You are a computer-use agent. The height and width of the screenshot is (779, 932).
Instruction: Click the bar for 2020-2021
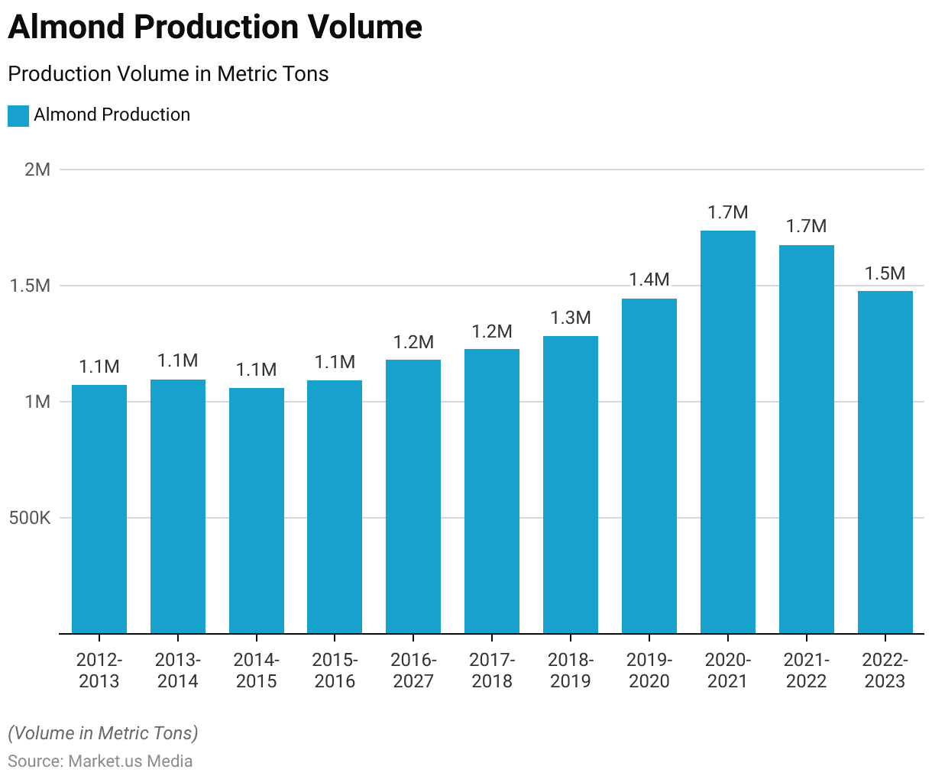click(727, 432)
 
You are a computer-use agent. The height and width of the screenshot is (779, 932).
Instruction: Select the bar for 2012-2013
click(99, 509)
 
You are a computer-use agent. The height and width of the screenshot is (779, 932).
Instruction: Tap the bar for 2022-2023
click(885, 462)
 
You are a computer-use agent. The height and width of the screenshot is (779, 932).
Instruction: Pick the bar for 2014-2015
click(257, 510)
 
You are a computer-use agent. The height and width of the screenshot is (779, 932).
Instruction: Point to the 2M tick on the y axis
click(37, 170)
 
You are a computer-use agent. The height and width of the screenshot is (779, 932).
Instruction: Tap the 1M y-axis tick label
click(37, 402)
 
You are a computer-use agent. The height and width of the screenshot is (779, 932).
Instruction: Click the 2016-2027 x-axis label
click(413, 670)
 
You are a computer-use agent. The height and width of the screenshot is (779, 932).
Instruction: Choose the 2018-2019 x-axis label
click(571, 670)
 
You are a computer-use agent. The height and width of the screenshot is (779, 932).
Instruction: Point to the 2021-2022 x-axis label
click(806, 670)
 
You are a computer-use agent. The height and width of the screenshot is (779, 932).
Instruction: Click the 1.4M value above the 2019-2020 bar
click(649, 280)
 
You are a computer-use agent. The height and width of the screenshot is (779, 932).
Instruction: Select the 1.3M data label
click(571, 318)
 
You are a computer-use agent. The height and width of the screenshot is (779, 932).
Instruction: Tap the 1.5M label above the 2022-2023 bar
click(885, 273)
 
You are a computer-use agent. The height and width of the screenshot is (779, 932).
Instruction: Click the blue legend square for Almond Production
click(18, 115)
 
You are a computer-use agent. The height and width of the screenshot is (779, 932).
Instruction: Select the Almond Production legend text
click(112, 115)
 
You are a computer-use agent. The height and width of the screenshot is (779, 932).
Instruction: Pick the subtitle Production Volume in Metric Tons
click(168, 74)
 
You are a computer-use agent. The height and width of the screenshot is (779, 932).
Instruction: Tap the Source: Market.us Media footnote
click(100, 761)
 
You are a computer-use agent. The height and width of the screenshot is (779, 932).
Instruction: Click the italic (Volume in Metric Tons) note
click(103, 733)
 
